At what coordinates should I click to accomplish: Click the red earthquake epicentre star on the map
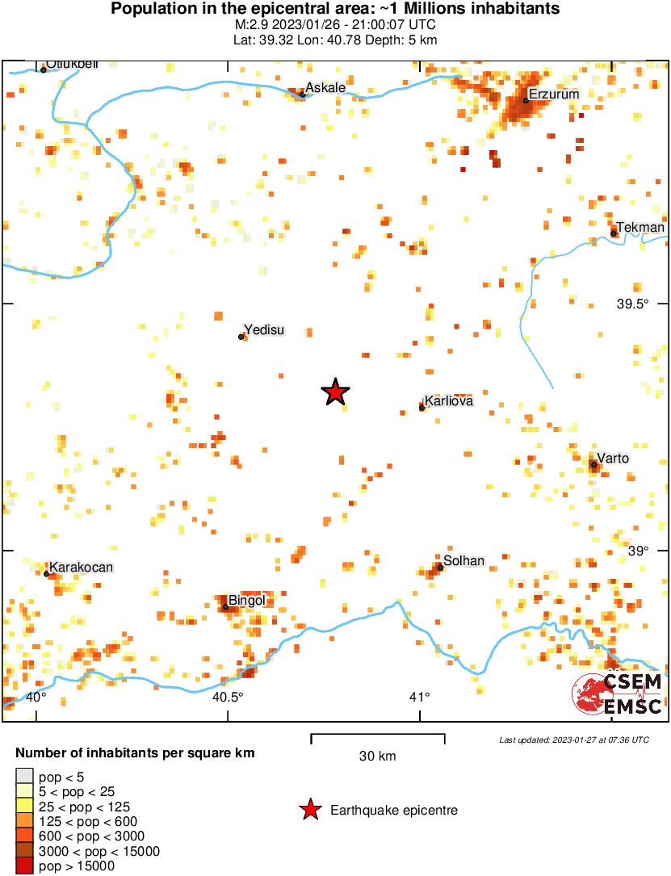click(335, 392)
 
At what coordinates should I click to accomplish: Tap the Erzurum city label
click(553, 94)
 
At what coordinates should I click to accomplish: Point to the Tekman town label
click(640, 228)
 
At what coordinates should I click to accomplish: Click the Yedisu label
click(265, 330)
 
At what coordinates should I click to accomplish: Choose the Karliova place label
click(448, 400)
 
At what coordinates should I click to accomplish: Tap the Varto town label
click(613, 459)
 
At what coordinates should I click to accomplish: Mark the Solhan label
click(464, 560)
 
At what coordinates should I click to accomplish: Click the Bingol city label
click(247, 600)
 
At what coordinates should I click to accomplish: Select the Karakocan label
click(81, 568)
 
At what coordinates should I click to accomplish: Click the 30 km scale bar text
click(377, 756)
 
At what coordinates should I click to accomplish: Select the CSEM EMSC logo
click(618, 693)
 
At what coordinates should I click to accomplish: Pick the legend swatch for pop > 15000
click(25, 866)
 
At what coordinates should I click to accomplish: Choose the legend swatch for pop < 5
click(25, 777)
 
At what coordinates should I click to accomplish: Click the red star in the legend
click(308, 810)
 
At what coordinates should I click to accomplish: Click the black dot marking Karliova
click(421, 408)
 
